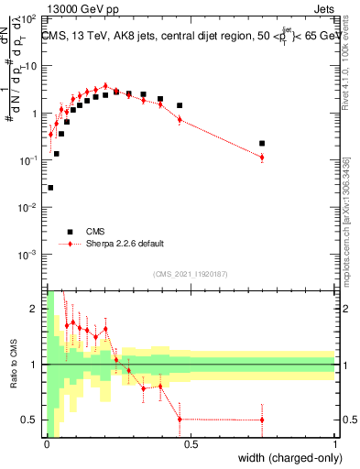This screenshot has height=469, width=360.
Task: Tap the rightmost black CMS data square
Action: tap(262, 143)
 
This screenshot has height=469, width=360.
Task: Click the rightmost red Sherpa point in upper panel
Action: tap(262, 158)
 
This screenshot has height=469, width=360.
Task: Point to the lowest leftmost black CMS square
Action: tap(50, 188)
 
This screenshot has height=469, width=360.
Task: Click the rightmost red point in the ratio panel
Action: tap(262, 420)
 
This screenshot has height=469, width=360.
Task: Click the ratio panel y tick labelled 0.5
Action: tap(31, 420)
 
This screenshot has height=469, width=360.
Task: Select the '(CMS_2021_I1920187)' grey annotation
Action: tap(190, 273)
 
